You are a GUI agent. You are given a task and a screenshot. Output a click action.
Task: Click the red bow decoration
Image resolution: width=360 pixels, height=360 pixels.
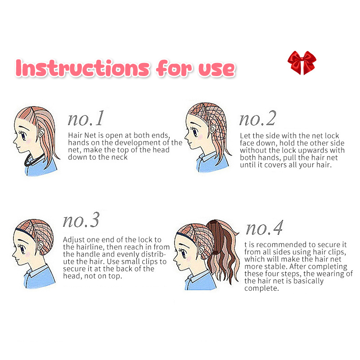(301, 63)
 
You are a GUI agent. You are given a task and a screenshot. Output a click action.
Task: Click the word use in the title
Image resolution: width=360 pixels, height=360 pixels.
(217, 69)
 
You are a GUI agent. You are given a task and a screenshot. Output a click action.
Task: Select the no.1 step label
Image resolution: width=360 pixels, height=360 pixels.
(86, 118)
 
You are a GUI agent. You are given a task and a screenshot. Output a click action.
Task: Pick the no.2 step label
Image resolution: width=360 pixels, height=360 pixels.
(257, 118)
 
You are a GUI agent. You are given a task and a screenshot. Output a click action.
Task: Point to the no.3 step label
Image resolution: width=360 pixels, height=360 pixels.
(81, 220)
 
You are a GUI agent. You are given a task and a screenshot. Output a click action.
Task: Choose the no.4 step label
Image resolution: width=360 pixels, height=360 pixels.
(264, 228)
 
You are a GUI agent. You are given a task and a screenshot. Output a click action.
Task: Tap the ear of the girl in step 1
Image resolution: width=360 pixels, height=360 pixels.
(41, 132)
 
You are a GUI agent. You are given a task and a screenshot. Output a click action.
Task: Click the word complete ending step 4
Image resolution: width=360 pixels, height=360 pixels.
(261, 288)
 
